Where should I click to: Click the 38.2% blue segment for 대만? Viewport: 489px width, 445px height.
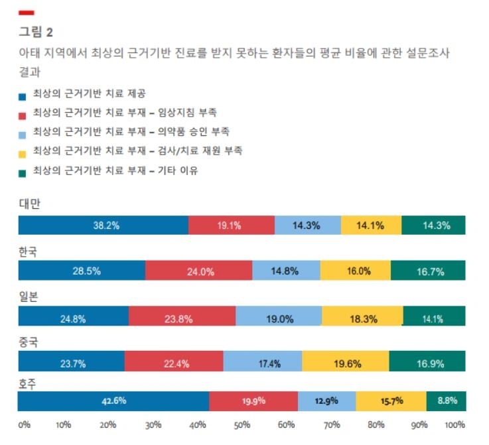pyautogui.click(x=103, y=225)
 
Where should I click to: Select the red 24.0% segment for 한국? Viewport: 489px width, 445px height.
pyautogui.click(x=198, y=271)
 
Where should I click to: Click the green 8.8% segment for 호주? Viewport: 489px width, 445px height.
pyautogui.click(x=446, y=401)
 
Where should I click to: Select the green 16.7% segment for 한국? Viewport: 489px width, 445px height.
pyautogui.click(x=428, y=271)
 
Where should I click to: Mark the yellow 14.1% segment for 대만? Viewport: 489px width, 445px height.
pyautogui.click(x=371, y=225)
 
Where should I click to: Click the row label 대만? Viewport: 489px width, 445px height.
pyautogui.click(x=29, y=204)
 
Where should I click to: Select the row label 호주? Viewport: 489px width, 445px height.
pyautogui.click(x=29, y=383)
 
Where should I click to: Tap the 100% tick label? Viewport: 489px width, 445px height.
pyautogui.click(x=455, y=424)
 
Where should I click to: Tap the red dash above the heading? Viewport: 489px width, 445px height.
pyautogui.click(x=27, y=13)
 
